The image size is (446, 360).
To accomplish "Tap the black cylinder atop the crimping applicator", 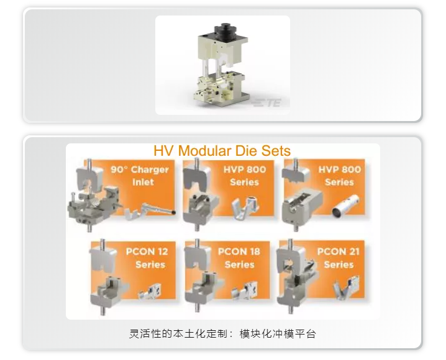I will [x=222, y=30].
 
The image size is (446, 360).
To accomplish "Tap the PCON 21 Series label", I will [x=339, y=258].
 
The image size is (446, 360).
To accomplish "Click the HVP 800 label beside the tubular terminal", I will [x=339, y=176].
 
